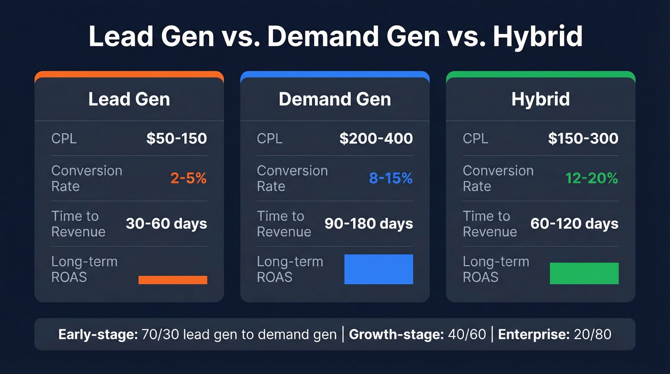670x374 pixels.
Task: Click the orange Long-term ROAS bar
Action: tap(173, 280)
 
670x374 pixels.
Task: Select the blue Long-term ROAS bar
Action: tap(379, 269)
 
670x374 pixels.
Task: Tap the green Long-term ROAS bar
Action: tap(584, 273)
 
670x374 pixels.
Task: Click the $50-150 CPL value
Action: tap(177, 139)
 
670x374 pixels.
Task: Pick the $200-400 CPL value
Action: tap(376, 139)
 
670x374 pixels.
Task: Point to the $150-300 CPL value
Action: tap(583, 139)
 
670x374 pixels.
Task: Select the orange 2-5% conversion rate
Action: tap(189, 179)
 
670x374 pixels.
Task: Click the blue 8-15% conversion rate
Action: tap(391, 179)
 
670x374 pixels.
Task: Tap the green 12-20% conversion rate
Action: tap(592, 179)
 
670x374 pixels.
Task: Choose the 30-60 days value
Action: tap(166, 224)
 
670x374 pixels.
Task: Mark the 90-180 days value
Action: tap(368, 224)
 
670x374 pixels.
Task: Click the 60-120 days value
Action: tap(574, 224)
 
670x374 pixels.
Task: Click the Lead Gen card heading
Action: tap(129, 99)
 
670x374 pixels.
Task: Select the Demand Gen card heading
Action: tap(335, 99)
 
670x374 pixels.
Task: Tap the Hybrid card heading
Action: tap(540, 99)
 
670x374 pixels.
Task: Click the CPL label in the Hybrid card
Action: tap(475, 139)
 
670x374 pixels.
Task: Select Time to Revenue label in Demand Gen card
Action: tap(284, 224)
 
